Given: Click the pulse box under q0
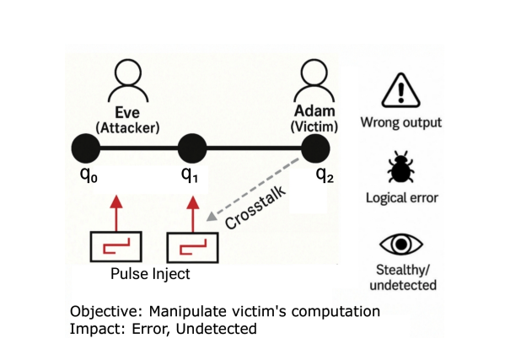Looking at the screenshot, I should (x=115, y=246).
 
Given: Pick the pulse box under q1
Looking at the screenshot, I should (x=193, y=247).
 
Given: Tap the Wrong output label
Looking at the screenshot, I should (x=401, y=122).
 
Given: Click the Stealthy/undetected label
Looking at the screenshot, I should (x=401, y=277).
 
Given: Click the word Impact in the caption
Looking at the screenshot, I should (x=94, y=328).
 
